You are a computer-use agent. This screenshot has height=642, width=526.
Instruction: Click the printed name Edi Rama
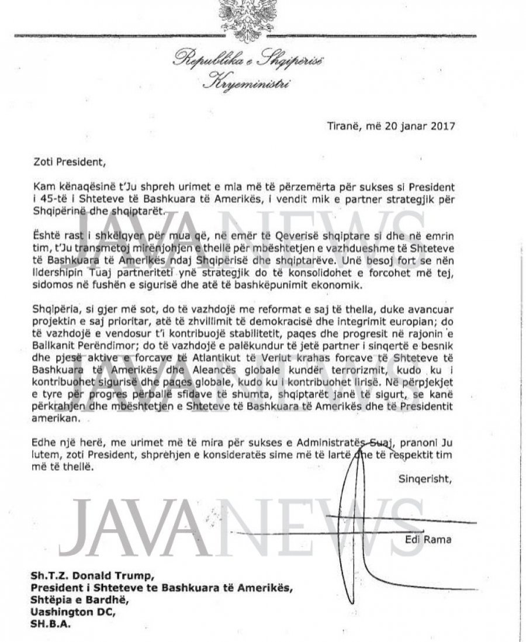click(x=428, y=539)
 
